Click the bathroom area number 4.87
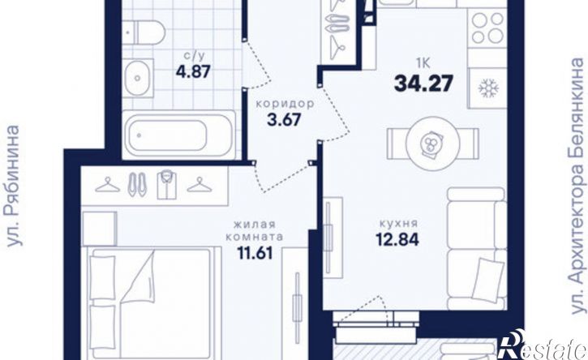pos(194,71)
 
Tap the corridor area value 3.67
pos(284,120)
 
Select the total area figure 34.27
pos(423,84)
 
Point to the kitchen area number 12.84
pos(397,240)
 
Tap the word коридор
pos(285,104)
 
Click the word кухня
pos(398,224)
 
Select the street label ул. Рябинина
pos(13,186)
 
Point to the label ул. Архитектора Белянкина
pos(577,185)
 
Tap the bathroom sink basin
pos(138,78)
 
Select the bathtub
pos(179,135)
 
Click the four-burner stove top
pos(487,27)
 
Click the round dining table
pos(433,143)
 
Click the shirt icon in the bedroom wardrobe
pos(167,185)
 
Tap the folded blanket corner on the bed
pos(139,277)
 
